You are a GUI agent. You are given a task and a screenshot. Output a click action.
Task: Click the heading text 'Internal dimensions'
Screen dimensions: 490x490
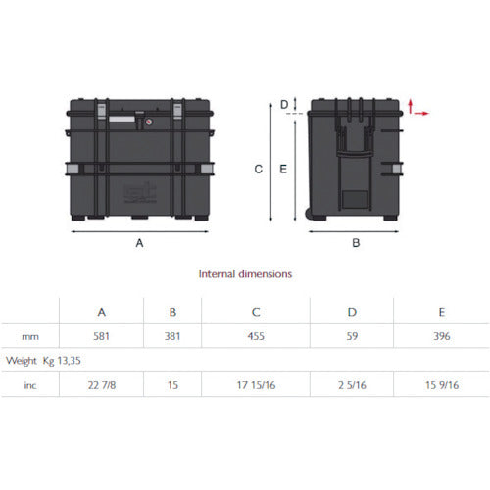(x=245, y=274)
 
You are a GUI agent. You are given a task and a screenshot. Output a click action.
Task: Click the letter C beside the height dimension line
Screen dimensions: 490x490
(x=258, y=169)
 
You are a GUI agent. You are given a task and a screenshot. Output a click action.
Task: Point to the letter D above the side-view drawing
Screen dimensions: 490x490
(x=284, y=103)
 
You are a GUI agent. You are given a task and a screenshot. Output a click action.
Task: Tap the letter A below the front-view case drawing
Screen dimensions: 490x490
(x=139, y=241)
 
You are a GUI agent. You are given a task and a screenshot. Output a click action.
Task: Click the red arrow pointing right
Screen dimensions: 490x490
(x=422, y=114)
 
